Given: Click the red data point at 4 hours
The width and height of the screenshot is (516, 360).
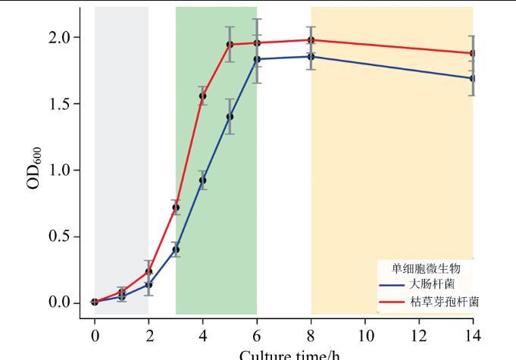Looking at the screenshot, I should tap(202, 96).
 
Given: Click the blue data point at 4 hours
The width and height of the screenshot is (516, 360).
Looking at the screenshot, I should tap(202, 180).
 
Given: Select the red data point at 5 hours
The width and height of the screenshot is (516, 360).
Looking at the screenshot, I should tap(230, 44).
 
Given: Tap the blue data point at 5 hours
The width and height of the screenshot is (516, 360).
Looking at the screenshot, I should tap(230, 117).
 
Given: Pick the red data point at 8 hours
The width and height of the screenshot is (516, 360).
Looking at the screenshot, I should tap(311, 40).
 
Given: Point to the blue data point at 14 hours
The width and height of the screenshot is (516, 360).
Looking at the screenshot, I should tap(473, 78).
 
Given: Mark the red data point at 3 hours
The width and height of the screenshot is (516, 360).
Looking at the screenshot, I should tap(176, 208).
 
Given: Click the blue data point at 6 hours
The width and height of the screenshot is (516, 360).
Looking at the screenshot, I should tap(257, 59).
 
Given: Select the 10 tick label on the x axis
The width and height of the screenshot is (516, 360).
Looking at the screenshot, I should tap(364, 333).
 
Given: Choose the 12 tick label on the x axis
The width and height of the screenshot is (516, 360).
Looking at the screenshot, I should tap(418, 333).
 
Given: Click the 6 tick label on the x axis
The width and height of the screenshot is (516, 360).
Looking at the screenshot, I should tap(257, 333).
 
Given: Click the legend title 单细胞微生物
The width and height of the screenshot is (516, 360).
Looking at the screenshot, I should tap(425, 268).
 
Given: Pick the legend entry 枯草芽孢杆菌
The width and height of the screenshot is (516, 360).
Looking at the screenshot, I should tap(443, 302).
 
